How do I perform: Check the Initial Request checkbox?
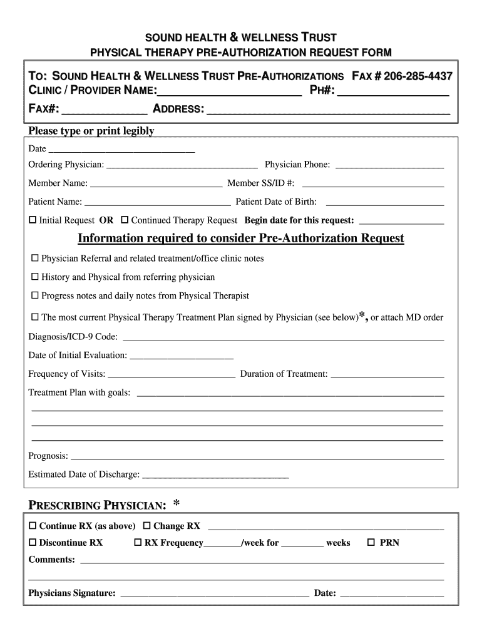coord(33,220)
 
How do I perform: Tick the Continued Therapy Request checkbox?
coord(125,220)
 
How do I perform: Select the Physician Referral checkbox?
coord(35,259)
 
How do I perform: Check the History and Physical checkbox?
coord(35,277)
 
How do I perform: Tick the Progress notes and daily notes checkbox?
coord(35,295)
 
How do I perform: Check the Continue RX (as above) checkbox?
coord(33,526)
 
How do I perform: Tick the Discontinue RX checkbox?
coord(33,543)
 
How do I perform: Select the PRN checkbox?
coord(371,543)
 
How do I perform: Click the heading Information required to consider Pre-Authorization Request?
coord(241,238)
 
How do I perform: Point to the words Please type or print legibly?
coord(91,131)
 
